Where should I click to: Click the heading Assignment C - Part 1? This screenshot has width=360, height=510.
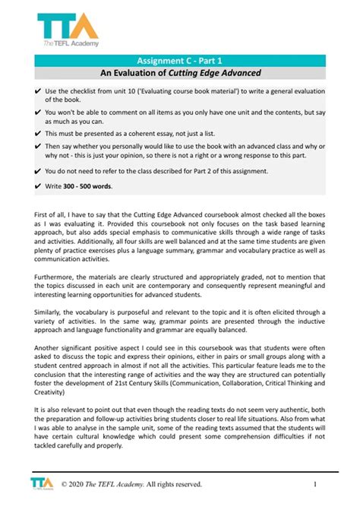[x=179, y=59]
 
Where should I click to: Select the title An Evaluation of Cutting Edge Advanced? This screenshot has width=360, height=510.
[x=179, y=73]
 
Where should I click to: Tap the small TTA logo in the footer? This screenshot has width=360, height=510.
[x=39, y=483]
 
